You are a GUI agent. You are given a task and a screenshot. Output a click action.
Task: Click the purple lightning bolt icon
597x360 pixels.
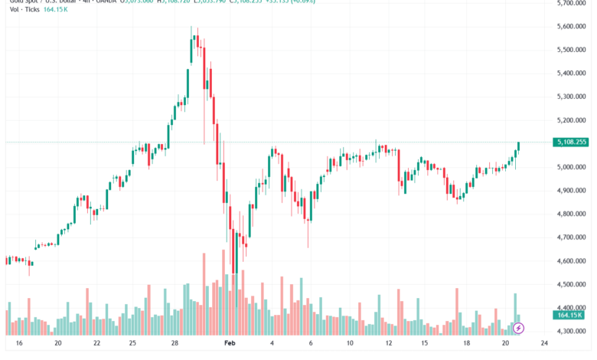518,328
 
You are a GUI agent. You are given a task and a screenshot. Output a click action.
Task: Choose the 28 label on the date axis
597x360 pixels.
175,344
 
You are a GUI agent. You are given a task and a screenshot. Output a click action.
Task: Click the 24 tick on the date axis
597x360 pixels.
543,344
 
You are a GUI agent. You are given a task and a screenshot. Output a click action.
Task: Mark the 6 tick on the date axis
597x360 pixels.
310,344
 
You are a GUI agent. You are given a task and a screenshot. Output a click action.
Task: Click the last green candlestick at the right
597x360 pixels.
519,146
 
